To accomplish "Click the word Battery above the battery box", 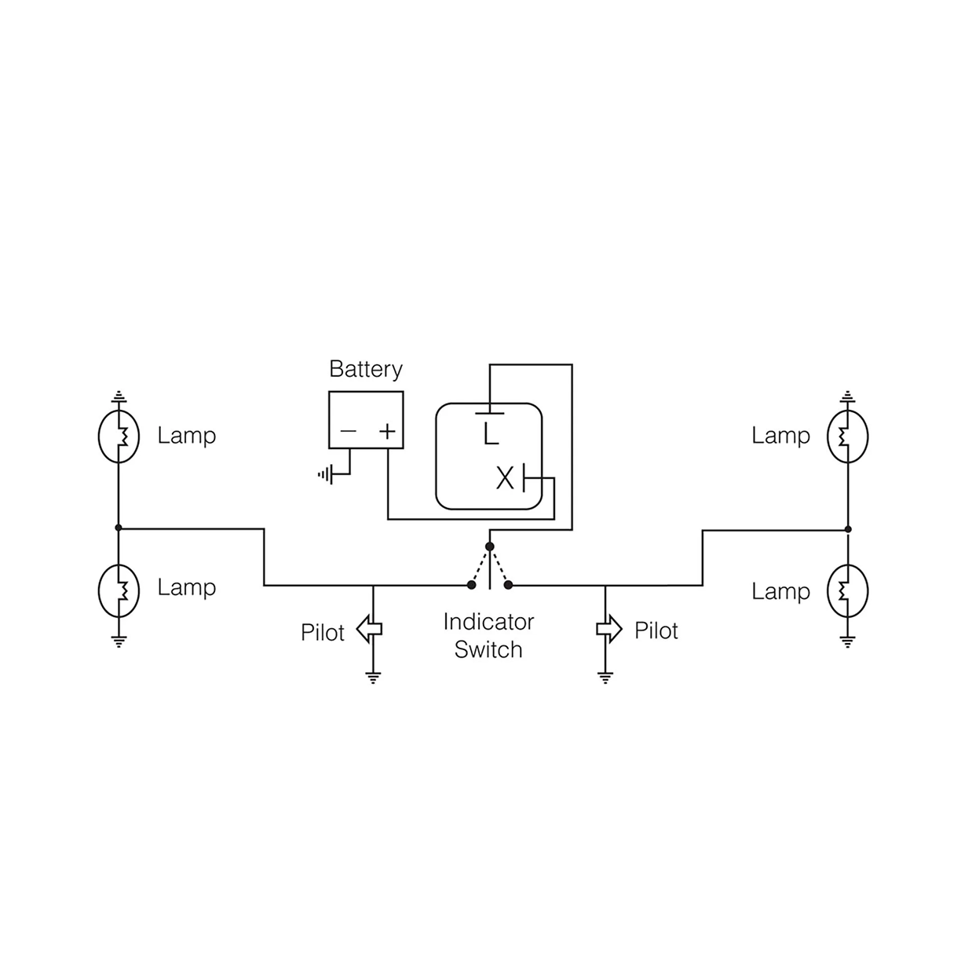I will click(365, 369).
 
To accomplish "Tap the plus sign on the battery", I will click(387, 431).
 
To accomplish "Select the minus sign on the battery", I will click(348, 431).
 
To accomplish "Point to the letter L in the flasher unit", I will click(491, 433).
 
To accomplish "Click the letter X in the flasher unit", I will click(504, 477).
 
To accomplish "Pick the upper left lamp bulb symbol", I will click(119, 437).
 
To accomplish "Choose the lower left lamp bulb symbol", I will click(119, 589).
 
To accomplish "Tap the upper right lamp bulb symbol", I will click(847, 437).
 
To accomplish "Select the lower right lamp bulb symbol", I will click(847, 590).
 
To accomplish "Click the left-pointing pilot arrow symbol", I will click(368, 629).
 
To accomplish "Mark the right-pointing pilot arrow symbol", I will click(609, 629).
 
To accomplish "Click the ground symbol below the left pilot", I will click(373, 678).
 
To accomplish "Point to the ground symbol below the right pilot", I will click(605, 678).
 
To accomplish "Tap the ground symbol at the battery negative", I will click(325, 474).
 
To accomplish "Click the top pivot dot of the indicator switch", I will click(490, 546).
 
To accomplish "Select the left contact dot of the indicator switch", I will click(471, 585).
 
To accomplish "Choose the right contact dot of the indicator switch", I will click(509, 585).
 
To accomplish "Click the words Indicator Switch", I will click(488, 636).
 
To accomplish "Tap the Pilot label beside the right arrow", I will click(656, 630).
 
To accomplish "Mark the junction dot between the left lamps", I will click(119, 528).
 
